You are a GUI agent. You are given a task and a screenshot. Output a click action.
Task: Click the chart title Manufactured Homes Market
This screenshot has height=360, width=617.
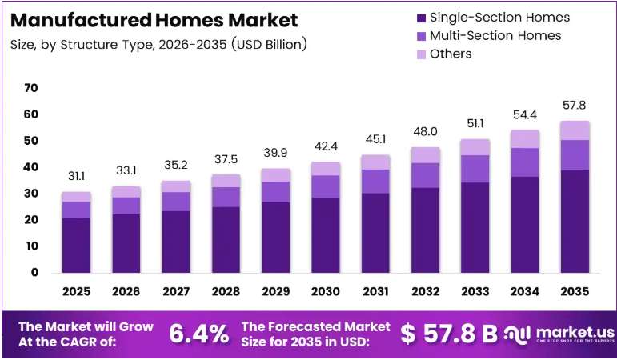pos(154,20)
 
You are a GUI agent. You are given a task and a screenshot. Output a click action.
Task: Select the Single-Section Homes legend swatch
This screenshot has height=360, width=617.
pos(422,18)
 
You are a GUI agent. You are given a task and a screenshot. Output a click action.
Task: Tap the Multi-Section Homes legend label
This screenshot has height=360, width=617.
pos(495,36)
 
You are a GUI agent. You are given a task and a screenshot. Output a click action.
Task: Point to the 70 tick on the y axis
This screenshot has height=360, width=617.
pos(31,88)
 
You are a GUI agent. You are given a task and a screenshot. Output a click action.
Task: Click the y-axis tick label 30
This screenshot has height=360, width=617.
pos(31,193)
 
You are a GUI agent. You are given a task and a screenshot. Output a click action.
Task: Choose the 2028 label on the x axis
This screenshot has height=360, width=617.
pos(226,291)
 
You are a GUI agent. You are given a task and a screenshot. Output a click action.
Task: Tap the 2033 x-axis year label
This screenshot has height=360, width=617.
pos(475,291)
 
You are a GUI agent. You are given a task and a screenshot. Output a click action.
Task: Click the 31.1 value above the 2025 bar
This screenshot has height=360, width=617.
pos(76,176)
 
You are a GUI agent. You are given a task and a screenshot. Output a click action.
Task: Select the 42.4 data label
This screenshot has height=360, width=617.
pos(326,146)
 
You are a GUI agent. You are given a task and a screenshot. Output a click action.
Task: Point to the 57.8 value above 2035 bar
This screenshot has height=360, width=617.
pos(574,105)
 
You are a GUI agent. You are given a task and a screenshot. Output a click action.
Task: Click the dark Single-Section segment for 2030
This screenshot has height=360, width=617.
pos(326,235)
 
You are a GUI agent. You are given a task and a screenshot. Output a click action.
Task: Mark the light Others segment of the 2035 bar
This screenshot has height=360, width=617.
pos(575,130)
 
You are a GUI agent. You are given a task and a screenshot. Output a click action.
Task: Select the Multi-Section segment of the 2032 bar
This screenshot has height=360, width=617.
pos(426,175)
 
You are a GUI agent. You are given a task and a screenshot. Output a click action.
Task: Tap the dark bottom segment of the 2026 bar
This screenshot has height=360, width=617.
pos(126,243)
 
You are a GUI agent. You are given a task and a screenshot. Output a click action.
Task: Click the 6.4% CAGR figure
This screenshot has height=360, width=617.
pos(199,334)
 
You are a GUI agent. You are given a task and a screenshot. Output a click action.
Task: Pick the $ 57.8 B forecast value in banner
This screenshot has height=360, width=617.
pos(449,334)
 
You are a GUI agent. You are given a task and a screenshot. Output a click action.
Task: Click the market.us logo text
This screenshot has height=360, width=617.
pos(575,333)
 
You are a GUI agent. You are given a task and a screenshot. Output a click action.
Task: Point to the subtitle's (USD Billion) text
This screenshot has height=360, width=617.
pos(269,45)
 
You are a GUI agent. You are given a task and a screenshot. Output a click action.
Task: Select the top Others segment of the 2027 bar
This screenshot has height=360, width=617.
pos(176,186)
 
